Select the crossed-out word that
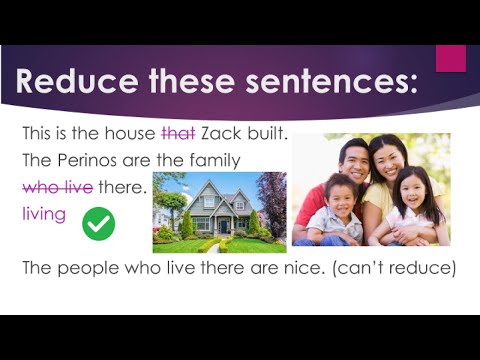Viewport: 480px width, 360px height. coord(179,133)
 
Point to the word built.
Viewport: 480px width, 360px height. coord(268,133)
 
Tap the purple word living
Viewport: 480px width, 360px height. coord(44,214)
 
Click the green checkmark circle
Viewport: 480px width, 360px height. coord(98,222)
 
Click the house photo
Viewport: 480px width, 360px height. coord(219,212)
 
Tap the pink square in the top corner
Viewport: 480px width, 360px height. coord(451,57)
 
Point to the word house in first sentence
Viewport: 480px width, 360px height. coord(132,133)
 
